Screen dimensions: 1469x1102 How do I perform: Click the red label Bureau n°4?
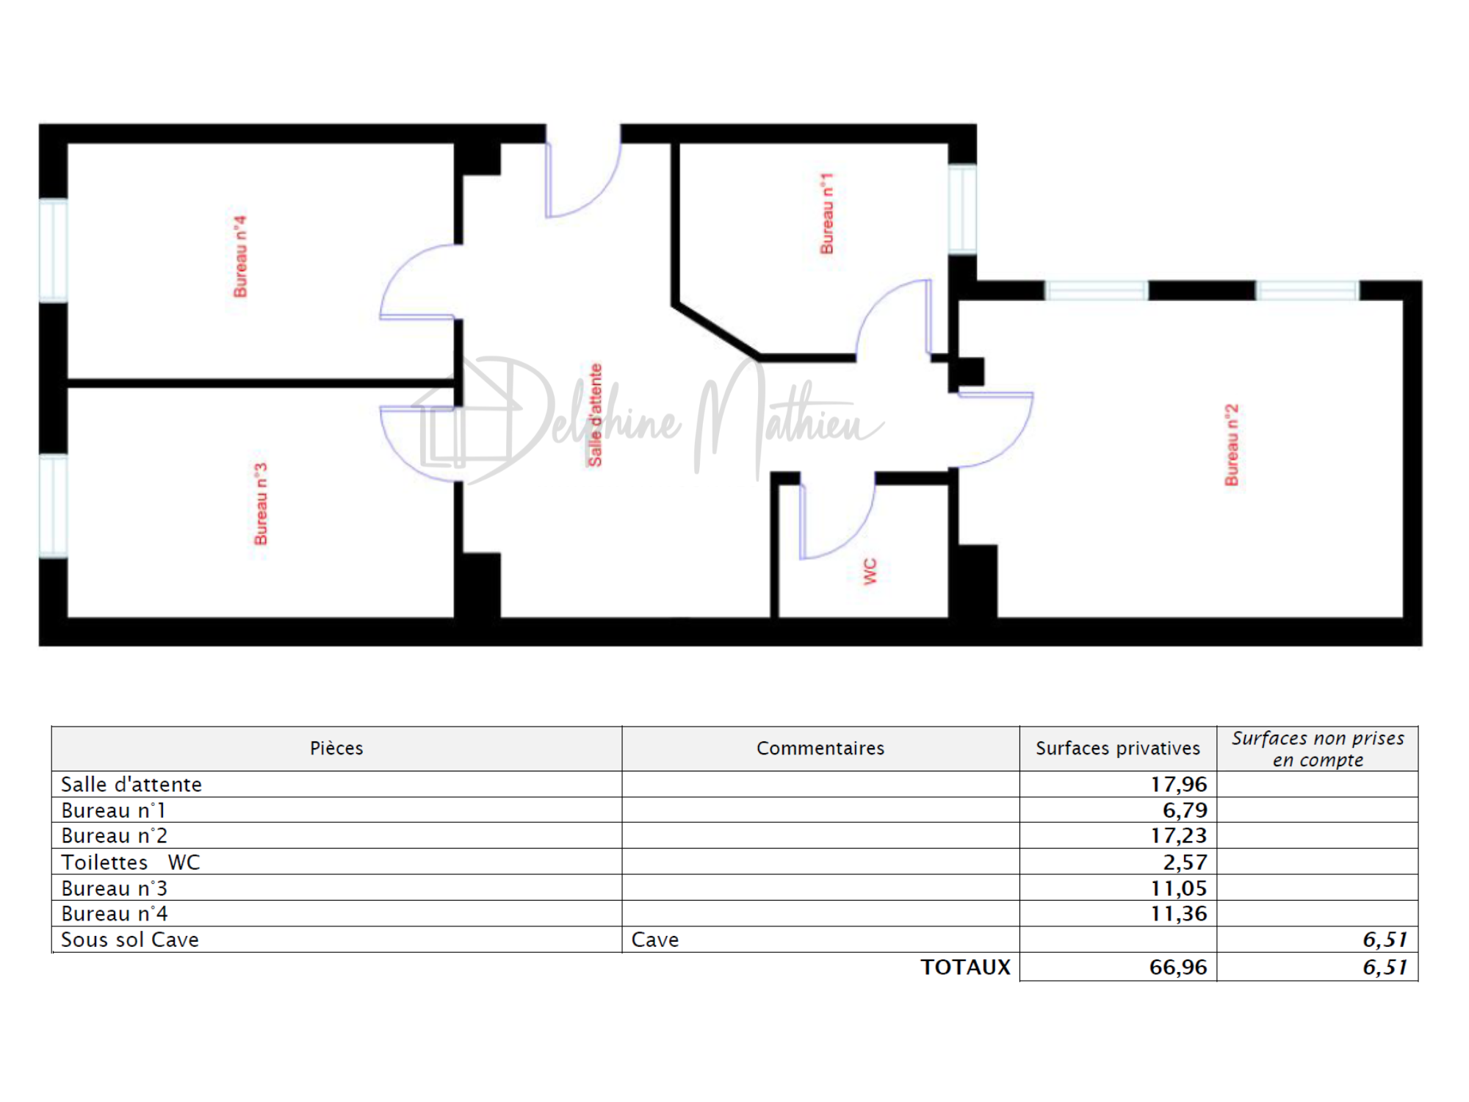(240, 256)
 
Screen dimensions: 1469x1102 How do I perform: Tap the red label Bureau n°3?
(261, 504)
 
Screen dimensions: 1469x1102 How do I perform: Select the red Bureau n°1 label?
(827, 214)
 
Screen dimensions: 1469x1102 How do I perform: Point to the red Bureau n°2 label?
(1232, 444)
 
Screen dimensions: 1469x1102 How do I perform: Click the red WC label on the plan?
(870, 572)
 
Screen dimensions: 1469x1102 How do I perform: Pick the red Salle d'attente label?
(595, 415)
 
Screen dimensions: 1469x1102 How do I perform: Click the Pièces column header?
(336, 748)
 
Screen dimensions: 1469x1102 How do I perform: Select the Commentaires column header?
(820, 748)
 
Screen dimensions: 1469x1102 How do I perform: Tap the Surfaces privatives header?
(1118, 748)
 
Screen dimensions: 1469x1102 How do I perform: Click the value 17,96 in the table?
(1179, 784)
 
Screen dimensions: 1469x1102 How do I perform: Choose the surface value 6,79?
(1185, 810)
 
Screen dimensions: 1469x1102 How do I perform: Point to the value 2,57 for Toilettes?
(1185, 862)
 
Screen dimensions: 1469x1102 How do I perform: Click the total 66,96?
(1178, 967)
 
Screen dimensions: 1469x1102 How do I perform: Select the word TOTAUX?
(966, 967)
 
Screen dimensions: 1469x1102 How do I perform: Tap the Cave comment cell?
(655, 940)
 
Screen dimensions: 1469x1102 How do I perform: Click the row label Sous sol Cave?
(130, 940)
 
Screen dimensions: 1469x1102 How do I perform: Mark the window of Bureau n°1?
(962, 209)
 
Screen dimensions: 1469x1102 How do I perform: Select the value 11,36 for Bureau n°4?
(1179, 913)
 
